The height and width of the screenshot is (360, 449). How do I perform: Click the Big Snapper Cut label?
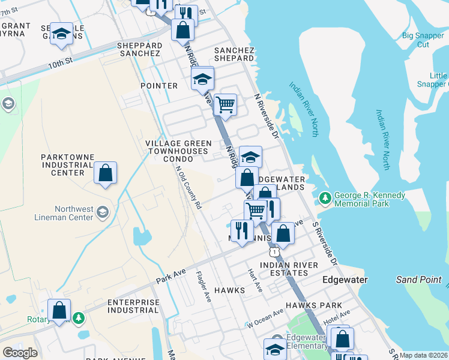click(x=423, y=40)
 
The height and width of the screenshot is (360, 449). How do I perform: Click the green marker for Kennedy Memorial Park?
click(x=325, y=197)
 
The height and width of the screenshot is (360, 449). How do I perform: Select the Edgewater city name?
click(x=345, y=280)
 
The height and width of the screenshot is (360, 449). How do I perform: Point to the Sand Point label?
click(x=418, y=280)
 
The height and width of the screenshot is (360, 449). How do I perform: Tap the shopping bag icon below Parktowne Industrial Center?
click(x=105, y=174)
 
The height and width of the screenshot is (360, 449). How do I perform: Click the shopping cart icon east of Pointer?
click(x=225, y=104)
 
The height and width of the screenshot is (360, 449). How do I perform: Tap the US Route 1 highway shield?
click(x=274, y=252)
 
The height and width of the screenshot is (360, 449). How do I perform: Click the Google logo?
click(x=20, y=353)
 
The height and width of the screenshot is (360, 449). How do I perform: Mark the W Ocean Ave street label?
click(x=265, y=319)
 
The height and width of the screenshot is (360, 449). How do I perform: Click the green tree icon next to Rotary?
click(x=78, y=317)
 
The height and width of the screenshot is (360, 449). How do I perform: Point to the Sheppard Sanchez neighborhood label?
click(x=140, y=49)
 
